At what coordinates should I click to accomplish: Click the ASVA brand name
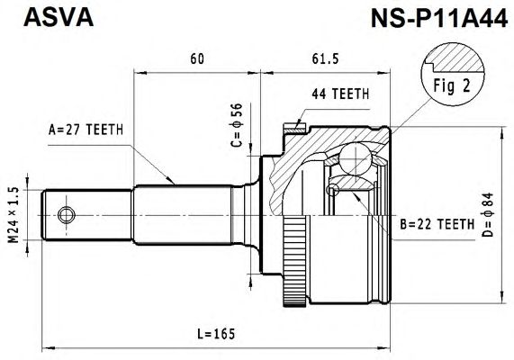tap(59, 17)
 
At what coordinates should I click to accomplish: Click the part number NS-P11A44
tap(439, 18)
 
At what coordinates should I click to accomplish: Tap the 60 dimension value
tap(197, 58)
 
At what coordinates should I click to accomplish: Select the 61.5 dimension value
tap(325, 58)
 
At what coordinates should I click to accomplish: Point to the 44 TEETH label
tap(340, 94)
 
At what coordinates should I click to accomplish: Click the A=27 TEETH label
tap(86, 130)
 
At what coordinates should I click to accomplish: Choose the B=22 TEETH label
tap(437, 224)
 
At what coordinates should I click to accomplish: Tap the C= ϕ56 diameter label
tap(236, 125)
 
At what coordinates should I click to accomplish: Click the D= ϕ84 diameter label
tap(488, 215)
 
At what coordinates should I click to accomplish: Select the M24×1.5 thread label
tap(14, 215)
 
